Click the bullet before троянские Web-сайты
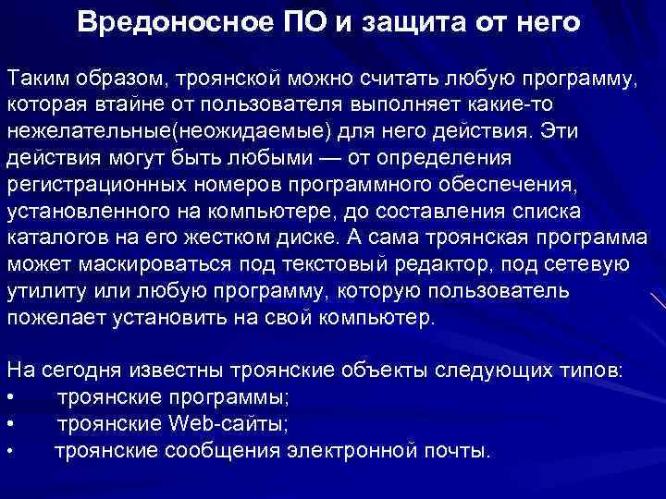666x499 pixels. click(x=11, y=425)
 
